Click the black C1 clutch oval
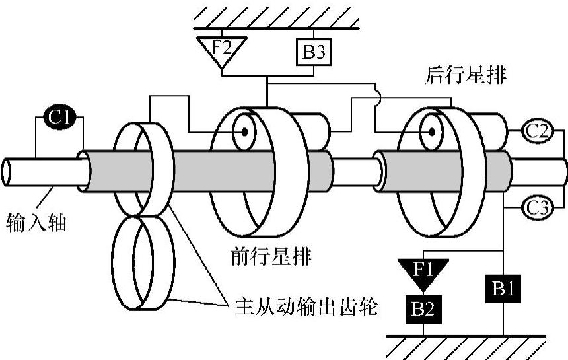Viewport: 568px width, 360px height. point(59,118)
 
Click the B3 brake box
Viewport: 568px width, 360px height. point(314,52)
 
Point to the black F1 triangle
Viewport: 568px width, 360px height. point(423,270)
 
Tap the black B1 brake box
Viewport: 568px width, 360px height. point(503,289)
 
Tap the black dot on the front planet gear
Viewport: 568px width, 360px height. point(244,131)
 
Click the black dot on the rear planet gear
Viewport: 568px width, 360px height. point(431,131)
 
